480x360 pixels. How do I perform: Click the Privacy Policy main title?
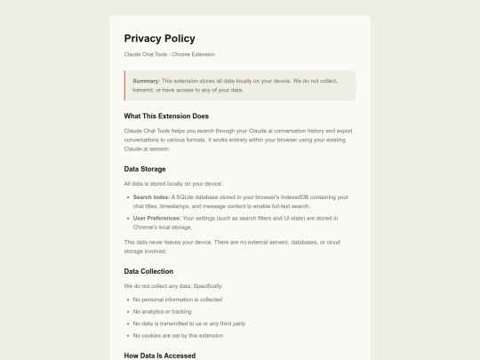(159, 38)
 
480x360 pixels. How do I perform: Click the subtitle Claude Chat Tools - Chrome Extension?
(169, 54)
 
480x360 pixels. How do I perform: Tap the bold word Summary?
(146, 81)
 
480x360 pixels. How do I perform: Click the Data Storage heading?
(145, 169)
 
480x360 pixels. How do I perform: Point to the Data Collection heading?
(148, 271)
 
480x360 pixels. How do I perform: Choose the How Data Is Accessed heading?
(160, 356)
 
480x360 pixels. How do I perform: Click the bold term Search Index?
(151, 196)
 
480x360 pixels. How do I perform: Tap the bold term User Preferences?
(157, 218)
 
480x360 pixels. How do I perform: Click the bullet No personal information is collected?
(177, 300)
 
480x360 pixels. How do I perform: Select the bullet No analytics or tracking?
(162, 311)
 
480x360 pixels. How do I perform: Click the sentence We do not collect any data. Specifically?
(173, 285)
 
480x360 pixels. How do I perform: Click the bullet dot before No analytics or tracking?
(126, 311)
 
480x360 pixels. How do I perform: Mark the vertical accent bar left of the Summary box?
(125, 85)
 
